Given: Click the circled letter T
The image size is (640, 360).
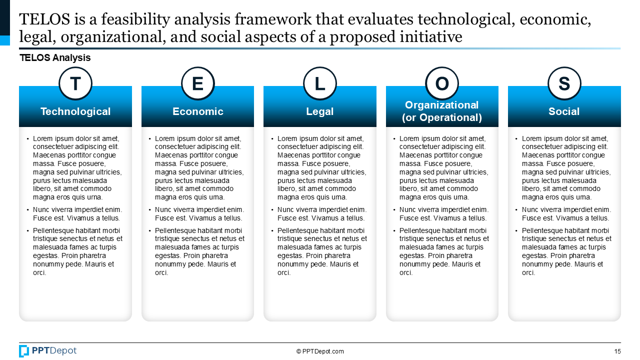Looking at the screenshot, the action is [75, 83].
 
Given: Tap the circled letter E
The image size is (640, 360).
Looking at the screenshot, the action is [197, 83].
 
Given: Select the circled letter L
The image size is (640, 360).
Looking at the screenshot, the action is [319, 83].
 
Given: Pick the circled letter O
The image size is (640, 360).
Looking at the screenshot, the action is [442, 83].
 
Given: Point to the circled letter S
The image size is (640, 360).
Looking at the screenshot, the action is [564, 83].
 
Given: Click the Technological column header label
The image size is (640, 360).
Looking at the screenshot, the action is [75, 111].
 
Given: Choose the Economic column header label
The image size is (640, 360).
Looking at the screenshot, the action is [197, 111].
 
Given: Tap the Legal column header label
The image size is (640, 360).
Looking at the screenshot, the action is [319, 111].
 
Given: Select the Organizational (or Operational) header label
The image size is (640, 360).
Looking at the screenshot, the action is [442, 111].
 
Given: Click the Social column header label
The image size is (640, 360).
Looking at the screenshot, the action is [564, 111].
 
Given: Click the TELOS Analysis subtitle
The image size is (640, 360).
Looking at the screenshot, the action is [55, 57].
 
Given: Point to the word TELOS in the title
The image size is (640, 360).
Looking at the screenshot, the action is [44, 19].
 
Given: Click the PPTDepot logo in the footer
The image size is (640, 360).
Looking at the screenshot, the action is [47, 351].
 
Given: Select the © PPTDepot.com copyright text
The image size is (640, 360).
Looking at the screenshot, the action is [320, 351].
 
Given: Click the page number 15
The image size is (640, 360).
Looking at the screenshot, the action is [617, 351].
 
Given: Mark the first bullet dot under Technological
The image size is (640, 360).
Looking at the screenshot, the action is [27, 139].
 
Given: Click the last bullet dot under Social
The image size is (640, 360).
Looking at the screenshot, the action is [516, 231].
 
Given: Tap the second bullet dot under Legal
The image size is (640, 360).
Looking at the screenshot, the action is [272, 210].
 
